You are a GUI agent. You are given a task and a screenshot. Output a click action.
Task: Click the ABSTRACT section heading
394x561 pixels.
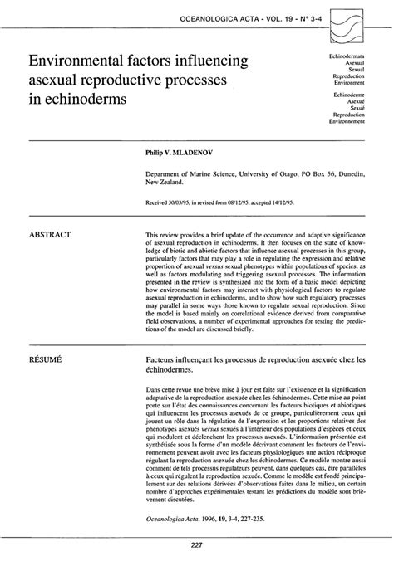point(50,235)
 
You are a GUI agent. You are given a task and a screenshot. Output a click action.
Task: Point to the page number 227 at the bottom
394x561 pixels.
point(197,544)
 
